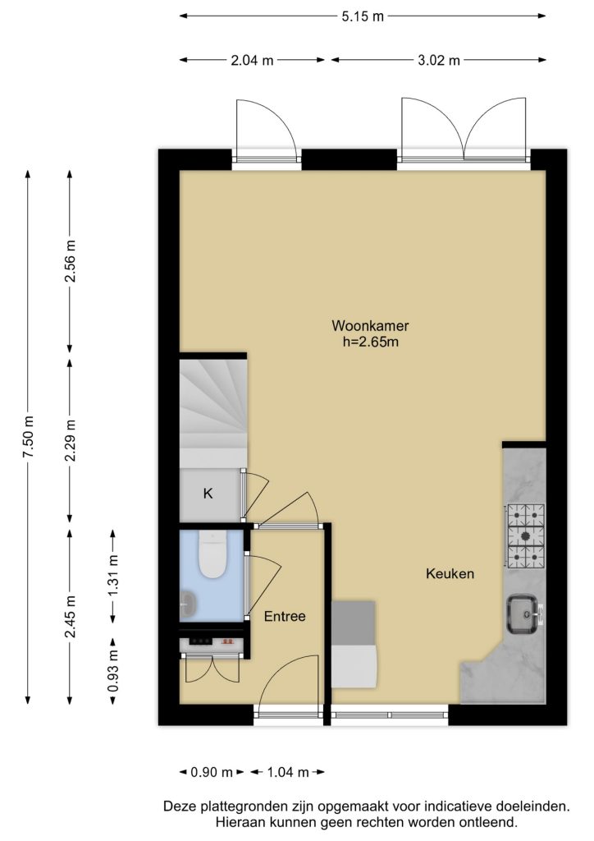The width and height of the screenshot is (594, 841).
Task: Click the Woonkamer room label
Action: coord(370,325)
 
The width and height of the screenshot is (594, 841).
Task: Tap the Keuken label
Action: coord(450,574)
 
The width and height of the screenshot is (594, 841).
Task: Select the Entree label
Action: coord(285,616)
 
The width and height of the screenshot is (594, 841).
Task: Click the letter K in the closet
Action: coord(208,494)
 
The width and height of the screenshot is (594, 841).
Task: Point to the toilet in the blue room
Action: coord(212,554)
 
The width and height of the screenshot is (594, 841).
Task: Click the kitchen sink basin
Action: coord(523,614)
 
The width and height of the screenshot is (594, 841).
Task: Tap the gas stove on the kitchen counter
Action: coord(526,536)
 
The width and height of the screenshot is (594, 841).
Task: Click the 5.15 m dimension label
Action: coord(363,16)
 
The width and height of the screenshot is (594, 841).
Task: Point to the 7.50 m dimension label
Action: coord(28,437)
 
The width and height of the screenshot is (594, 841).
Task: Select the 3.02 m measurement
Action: coord(439,60)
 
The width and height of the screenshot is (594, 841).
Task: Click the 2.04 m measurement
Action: coord(252,60)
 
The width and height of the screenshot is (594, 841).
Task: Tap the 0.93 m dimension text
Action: coord(113,670)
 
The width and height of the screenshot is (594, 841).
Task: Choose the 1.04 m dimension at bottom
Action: coord(288,772)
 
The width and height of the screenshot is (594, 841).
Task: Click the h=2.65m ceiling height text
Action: coord(371,342)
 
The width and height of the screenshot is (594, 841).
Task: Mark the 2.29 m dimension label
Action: coord(71,440)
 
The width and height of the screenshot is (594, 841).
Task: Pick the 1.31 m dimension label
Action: coord(113,575)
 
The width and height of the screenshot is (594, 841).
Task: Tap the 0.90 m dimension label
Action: coord(212,772)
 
